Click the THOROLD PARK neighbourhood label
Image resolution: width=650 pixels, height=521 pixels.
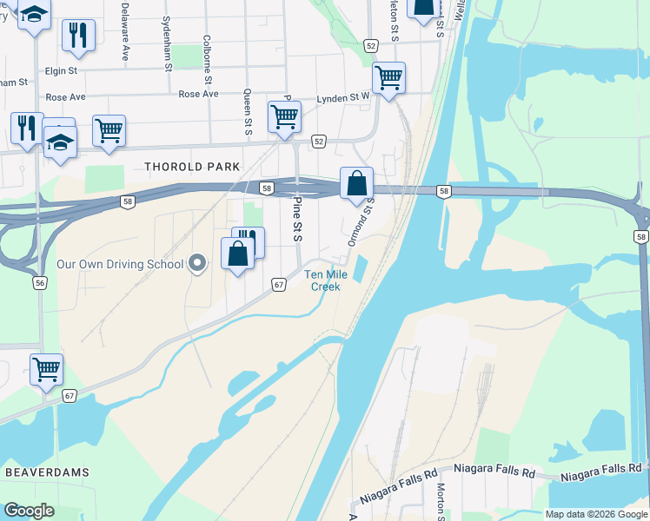point(191,167)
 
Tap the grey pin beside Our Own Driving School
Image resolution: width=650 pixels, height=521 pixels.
point(198,263)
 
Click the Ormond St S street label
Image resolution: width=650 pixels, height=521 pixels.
point(361,222)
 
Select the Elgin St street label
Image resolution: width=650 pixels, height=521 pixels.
point(61,69)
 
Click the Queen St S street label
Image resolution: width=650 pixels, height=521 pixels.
point(248,113)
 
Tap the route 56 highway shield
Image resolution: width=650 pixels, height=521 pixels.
point(39,283)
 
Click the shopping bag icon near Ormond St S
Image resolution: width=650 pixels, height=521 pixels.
point(356,184)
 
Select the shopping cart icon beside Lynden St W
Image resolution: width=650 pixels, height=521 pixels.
point(388,77)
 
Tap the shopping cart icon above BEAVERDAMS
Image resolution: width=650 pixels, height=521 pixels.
point(46,368)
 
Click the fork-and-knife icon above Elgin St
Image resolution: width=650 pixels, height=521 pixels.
point(78,35)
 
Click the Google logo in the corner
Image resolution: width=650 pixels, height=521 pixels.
point(29,511)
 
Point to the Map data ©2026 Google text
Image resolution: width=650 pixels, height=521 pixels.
point(595,514)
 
